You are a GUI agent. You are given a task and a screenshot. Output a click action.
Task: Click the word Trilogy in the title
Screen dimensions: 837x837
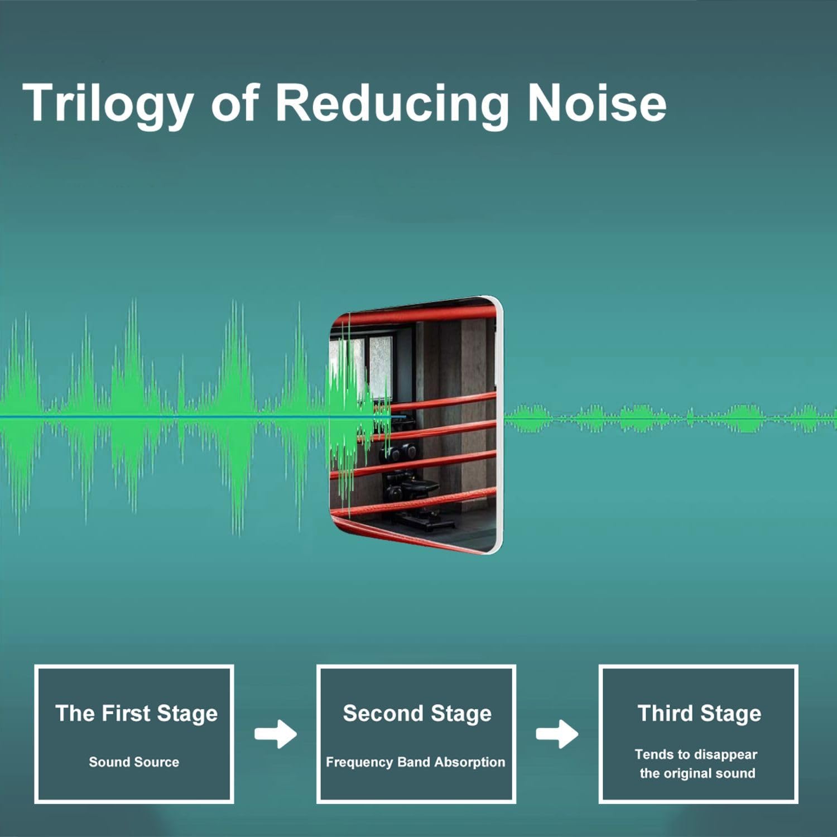108,104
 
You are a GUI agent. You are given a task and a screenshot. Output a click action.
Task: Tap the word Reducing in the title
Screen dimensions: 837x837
392,104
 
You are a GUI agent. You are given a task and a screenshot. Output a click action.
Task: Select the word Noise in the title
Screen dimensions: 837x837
597,103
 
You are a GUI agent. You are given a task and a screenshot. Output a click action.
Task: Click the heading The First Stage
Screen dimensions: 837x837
136,714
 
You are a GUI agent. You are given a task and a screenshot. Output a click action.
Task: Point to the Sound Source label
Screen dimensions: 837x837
134,762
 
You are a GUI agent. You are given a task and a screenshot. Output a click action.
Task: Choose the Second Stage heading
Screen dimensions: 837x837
417,714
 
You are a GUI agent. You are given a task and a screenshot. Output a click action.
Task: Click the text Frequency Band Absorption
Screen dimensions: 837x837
415,762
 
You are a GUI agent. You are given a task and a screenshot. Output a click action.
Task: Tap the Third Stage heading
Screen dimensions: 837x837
699,714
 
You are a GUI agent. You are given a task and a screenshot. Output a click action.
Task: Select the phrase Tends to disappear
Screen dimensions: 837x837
696,754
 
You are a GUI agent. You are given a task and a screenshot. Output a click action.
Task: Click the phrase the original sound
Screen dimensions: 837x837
698,773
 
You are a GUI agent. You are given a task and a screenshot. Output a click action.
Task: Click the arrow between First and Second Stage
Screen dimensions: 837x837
276,734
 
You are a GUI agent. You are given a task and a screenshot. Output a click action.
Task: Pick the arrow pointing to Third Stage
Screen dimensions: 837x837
557,734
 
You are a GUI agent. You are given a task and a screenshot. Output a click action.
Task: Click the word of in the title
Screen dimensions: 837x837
234,103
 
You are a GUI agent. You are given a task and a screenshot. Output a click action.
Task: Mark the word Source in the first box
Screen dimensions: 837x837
156,762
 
